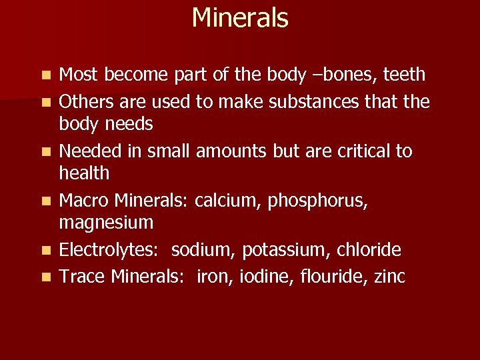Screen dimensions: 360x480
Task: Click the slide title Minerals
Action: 240,18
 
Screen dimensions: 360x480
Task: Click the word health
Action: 84,173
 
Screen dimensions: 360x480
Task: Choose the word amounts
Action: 232,151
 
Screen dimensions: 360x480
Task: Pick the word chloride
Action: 370,250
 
